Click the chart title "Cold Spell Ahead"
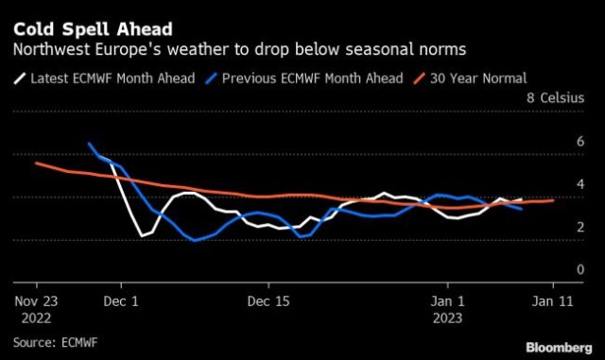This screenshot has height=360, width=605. [x=93, y=29]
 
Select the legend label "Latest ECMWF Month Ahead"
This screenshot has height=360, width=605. [x=112, y=78]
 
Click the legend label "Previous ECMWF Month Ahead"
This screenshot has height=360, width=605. [x=313, y=78]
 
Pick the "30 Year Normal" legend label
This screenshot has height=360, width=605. [x=478, y=78]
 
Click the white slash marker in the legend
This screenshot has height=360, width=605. [x=20, y=78]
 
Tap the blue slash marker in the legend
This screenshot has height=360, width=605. [x=212, y=78]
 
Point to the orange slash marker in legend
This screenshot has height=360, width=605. [x=420, y=78]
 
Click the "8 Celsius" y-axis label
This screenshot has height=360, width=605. [x=555, y=97]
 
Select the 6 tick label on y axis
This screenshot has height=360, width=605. [x=580, y=142]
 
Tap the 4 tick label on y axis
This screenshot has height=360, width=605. [x=580, y=184]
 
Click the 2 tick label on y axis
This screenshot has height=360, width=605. [x=580, y=227]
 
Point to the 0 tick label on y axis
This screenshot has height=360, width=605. [x=580, y=269]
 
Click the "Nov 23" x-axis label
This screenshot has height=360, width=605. [x=36, y=301]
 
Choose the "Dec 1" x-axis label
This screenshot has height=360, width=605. [x=121, y=301]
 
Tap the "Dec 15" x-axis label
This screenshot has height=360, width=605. [x=268, y=301]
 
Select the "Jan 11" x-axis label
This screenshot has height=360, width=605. [x=553, y=301]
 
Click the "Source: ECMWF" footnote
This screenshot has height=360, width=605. [x=56, y=342]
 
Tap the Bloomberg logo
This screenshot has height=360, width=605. [x=559, y=348]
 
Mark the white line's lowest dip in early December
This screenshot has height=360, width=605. [x=143, y=236]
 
